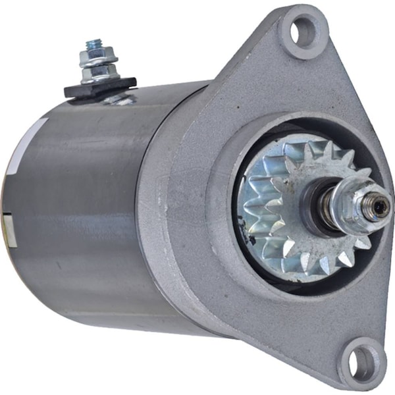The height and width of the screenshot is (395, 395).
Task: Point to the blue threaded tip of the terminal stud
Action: coord(93,45)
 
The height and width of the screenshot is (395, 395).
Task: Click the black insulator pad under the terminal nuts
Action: coord(99,86)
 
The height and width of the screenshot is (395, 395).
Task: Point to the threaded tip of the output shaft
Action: coord(379,207)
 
